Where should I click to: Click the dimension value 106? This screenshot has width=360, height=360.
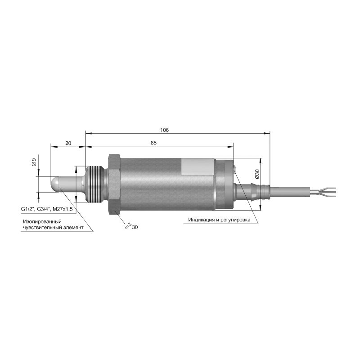click(x=164, y=130)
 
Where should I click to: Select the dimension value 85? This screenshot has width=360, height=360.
click(x=153, y=143)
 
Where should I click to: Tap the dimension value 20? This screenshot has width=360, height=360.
click(x=68, y=143)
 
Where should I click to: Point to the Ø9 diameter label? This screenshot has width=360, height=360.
click(x=34, y=162)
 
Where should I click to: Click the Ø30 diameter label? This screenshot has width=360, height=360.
click(x=257, y=174)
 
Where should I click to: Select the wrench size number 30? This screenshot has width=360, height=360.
click(x=135, y=227)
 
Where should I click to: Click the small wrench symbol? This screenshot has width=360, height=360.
click(x=128, y=226)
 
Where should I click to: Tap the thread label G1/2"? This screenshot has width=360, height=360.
click(x=27, y=209)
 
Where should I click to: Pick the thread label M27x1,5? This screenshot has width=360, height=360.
click(x=63, y=209)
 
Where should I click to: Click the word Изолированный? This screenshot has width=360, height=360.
click(x=42, y=222)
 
